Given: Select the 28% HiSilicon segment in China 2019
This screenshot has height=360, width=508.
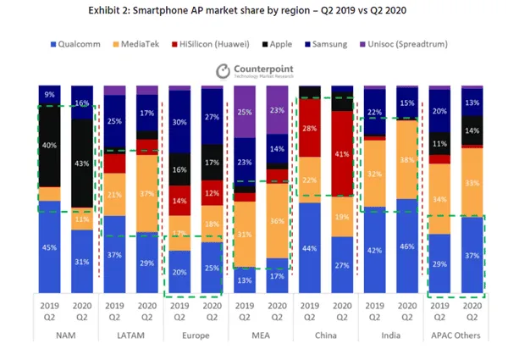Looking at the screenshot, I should pyautogui.click(x=311, y=127).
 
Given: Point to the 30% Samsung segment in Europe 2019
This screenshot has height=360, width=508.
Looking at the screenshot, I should pyautogui.click(x=180, y=121).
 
